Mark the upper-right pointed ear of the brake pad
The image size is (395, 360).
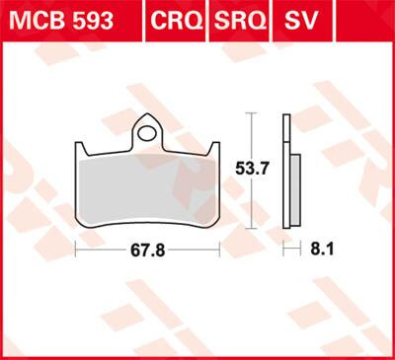tap(215, 147)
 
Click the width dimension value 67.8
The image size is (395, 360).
tap(149, 251)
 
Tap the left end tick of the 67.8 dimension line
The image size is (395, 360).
tap(77, 251)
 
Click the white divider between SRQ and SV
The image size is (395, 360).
tap(272, 20)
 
